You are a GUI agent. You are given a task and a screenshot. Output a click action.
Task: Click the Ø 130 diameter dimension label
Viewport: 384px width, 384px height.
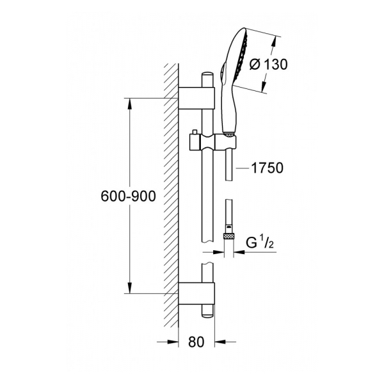point(268,65)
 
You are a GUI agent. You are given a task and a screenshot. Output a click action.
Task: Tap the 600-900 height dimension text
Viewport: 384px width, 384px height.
point(129,196)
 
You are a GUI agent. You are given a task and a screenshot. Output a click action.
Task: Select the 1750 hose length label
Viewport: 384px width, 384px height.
point(267,168)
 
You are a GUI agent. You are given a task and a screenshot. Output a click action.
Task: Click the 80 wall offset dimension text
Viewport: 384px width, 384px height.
point(196,342)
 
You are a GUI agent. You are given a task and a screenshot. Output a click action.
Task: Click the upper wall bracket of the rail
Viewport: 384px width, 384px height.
point(196,97)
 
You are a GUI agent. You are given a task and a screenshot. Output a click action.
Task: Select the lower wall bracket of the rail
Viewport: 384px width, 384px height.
point(196,293)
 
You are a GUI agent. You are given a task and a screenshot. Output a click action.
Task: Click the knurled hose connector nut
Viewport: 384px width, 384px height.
point(228,236)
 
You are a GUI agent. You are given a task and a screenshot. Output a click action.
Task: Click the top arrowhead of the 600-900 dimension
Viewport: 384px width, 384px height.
point(130,105)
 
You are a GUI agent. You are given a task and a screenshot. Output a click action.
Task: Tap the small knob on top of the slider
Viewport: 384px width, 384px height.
point(195,132)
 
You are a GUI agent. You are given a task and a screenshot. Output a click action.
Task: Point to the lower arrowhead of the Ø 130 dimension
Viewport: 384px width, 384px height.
point(264,86)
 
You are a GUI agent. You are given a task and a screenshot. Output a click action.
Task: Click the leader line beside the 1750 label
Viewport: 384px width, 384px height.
point(243,168)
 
